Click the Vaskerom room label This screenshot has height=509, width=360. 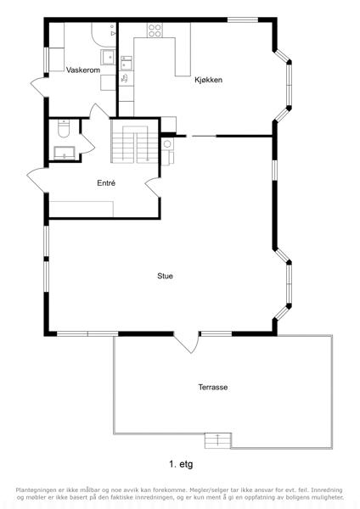[83, 70]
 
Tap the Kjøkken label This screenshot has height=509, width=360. [209, 80]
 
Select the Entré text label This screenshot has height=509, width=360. [106, 183]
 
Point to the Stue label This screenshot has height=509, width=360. [165, 276]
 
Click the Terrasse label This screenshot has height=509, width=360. [213, 387]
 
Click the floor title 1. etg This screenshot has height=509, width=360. [181, 465]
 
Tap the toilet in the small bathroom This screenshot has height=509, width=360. [64, 128]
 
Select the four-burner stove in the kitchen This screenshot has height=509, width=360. [155, 31]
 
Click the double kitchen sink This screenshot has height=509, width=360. [126, 63]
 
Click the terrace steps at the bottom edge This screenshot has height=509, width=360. [217, 441]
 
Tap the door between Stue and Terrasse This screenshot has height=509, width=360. [187, 342]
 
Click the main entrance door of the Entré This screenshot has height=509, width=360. [37, 181]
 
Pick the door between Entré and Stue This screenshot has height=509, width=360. [153, 187]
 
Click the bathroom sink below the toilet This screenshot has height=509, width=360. [65, 153]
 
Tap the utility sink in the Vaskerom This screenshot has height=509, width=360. [108, 58]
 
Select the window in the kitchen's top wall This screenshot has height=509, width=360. [243, 20]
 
